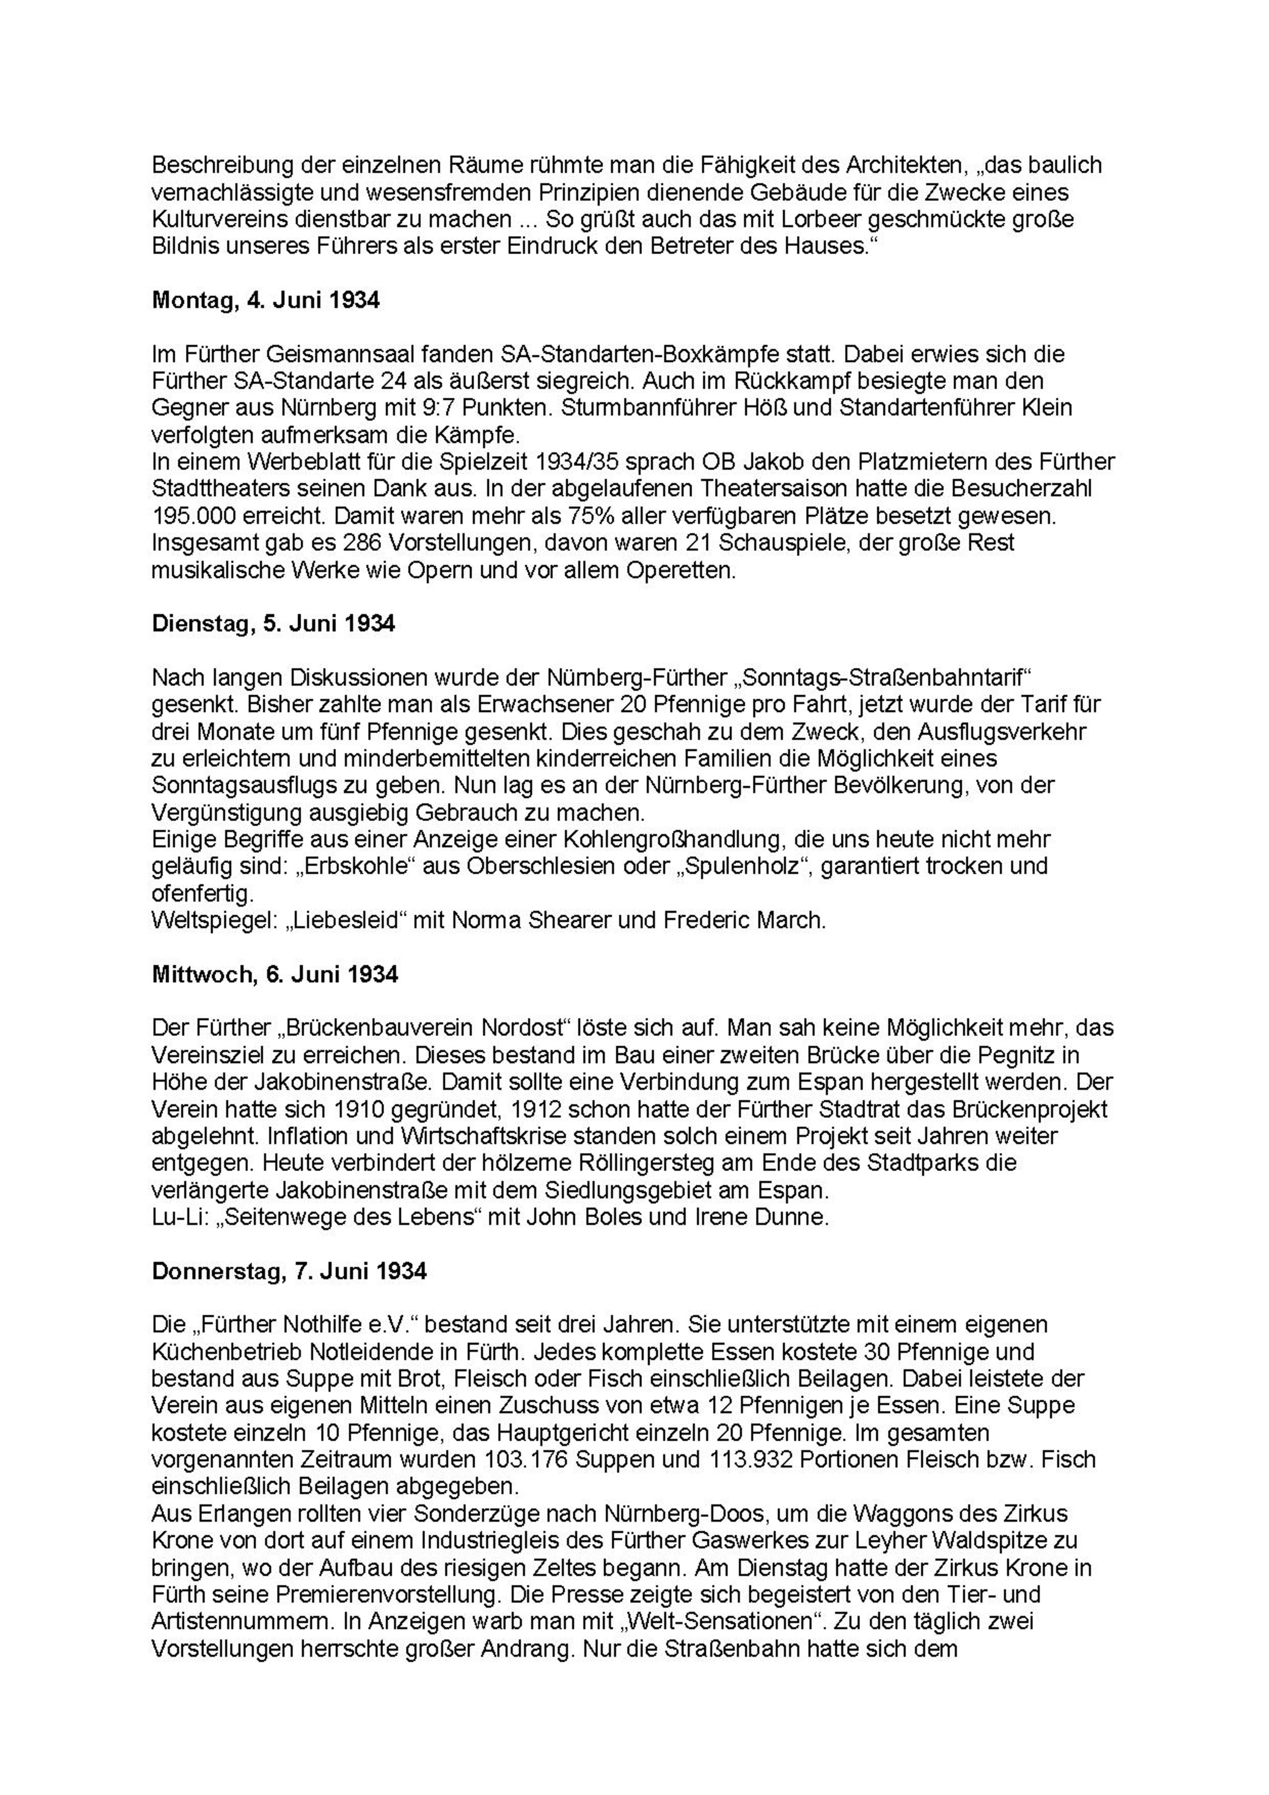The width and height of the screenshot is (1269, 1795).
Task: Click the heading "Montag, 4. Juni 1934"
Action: pyautogui.click(x=266, y=301)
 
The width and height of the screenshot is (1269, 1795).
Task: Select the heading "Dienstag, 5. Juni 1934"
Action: pyautogui.click(x=274, y=624)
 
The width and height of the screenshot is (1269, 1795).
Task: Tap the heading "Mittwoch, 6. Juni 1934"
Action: pyautogui.click(x=274, y=975)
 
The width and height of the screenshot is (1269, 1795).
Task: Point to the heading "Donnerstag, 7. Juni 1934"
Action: pyautogui.click(x=289, y=1271)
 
